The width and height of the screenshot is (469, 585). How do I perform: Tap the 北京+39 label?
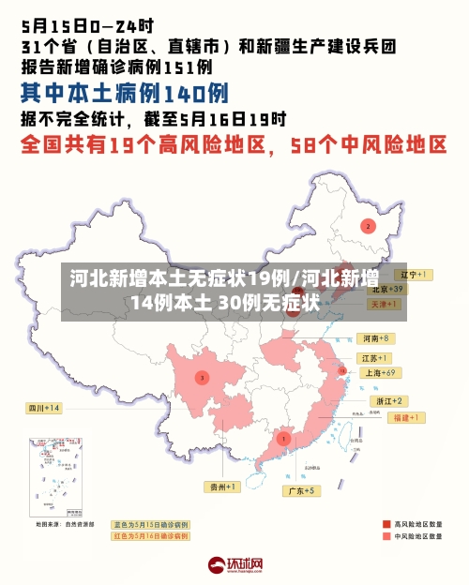pos(385,290)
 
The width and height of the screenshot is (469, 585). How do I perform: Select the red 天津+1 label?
pos(384,305)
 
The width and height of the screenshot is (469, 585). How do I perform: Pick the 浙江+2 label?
pos(385,400)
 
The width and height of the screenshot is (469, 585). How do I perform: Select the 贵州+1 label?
pos(224,487)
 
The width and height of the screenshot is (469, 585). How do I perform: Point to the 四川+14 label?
pos(44,408)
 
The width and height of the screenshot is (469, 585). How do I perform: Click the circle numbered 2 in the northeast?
pos(368,226)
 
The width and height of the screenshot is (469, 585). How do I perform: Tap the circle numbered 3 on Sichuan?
pos(201,377)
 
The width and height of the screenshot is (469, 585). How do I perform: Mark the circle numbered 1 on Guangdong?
pos(283,438)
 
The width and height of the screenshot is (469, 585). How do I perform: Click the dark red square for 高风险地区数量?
pos(386,524)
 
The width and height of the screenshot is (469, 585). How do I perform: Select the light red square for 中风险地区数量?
pos(386,537)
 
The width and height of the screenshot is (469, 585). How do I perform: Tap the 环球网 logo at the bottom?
pos(234,564)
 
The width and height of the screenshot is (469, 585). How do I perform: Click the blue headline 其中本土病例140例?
pos(125,94)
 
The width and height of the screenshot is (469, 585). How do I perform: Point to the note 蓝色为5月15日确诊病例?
pos(151,524)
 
